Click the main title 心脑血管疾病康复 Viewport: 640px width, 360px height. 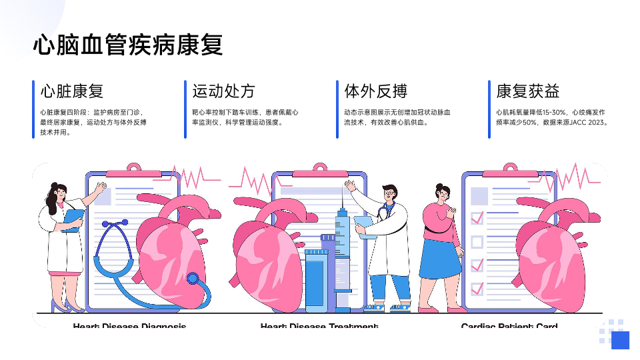tap(128, 45)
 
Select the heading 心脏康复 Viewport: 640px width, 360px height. tap(71, 91)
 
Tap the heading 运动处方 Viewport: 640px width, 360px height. tap(223, 91)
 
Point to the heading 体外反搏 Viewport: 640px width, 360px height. tap(375, 91)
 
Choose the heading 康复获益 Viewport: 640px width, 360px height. tap(527, 91)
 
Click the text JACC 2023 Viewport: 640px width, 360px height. tap(588, 123)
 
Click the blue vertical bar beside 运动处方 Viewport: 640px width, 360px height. tap(185, 109)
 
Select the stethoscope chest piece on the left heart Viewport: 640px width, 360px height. tap(193, 279)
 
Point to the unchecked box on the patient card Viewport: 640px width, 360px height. tap(477, 241)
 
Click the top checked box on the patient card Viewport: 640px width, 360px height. tap(477, 217)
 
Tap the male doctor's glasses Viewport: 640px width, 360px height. tap(389, 193)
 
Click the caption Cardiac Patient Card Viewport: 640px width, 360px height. tap(509, 326)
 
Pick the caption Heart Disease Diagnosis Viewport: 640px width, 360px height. tap(129, 326)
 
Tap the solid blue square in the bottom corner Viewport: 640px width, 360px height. tap(620, 340)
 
